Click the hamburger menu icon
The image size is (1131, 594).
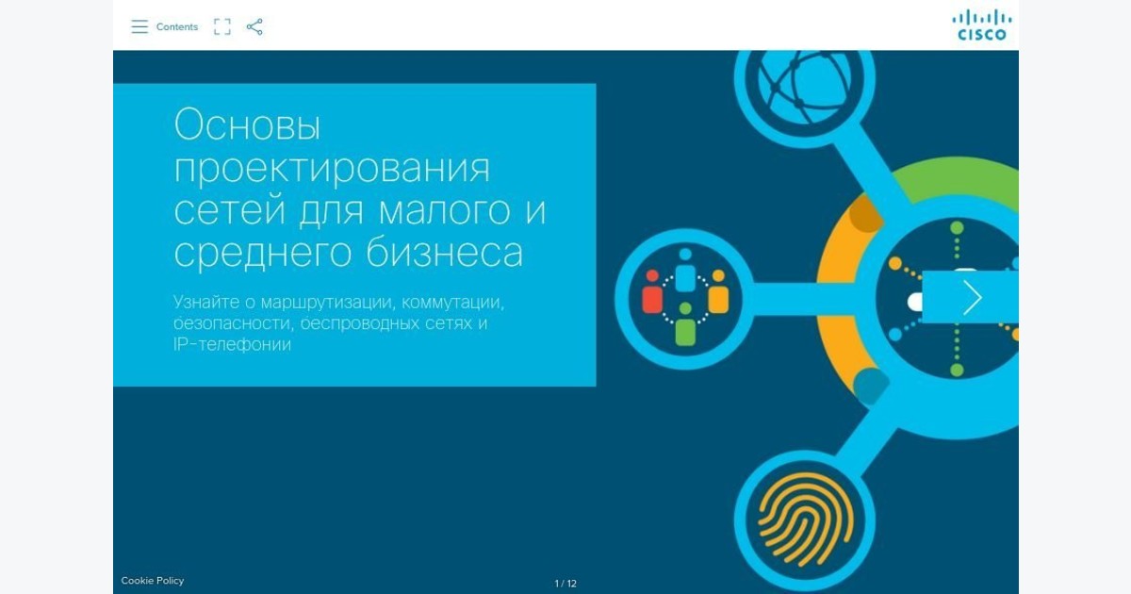[x=139, y=26]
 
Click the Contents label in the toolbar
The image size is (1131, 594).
[x=177, y=26]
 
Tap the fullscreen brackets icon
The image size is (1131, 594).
[x=222, y=26]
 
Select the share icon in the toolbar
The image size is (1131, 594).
[x=254, y=26]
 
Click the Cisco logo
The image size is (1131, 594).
[x=981, y=25]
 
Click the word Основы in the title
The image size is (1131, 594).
[x=247, y=124]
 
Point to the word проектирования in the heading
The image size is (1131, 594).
[x=332, y=169]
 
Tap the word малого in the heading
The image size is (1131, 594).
[x=444, y=210]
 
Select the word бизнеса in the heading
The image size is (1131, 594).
[x=444, y=252]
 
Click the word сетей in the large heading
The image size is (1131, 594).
[x=230, y=209]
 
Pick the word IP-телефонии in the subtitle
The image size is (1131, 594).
[x=232, y=344]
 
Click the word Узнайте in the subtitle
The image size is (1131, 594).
[x=206, y=302]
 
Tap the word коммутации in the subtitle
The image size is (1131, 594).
[x=453, y=302]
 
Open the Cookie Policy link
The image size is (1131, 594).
[x=153, y=581]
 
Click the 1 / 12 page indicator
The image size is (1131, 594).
[x=565, y=584]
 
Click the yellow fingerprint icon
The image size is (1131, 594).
[x=806, y=520]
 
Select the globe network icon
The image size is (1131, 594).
[x=804, y=83]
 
